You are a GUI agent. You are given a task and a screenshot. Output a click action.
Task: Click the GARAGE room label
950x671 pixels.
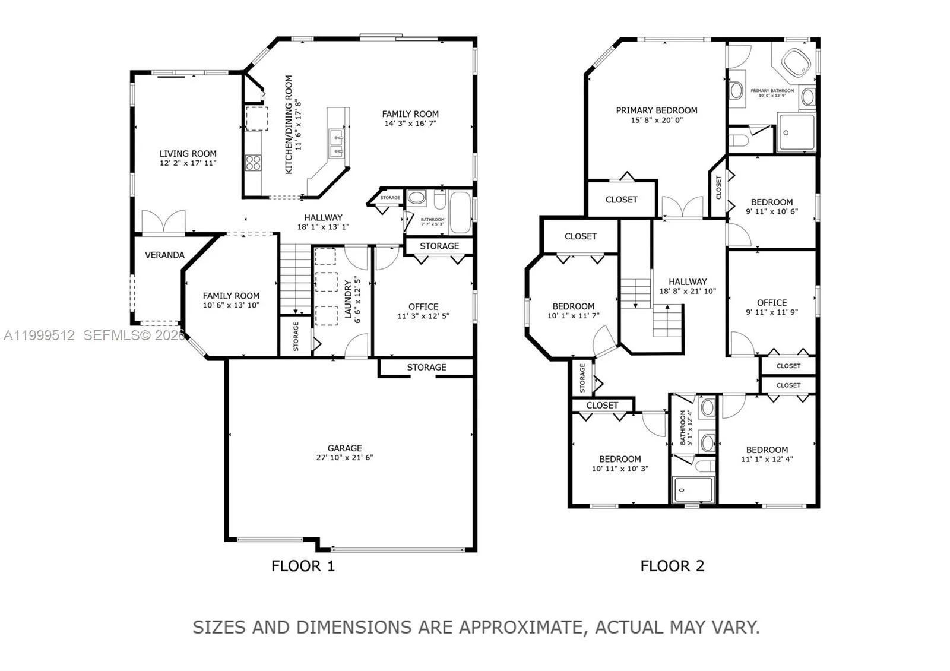coord(344,448)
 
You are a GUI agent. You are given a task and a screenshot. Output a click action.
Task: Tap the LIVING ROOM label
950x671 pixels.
coord(188,154)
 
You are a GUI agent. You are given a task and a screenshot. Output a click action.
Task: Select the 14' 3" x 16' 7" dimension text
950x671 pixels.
coord(410,124)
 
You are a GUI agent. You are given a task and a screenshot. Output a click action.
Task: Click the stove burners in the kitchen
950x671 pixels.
coord(254,163)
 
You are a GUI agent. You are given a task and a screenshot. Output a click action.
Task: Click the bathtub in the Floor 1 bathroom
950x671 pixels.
coord(461,212)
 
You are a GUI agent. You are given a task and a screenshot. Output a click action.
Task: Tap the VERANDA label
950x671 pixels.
coord(164,255)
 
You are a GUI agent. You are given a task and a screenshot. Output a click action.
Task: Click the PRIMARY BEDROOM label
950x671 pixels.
coord(656,110)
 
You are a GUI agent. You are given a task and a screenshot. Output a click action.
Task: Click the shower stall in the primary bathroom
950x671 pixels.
coord(796,133)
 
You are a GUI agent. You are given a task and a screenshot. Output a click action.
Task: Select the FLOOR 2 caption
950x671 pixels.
coord(672,566)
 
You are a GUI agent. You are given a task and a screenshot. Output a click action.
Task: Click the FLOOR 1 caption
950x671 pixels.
coord(303,566)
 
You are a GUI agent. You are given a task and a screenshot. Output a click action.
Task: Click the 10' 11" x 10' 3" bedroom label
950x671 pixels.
coord(620,469)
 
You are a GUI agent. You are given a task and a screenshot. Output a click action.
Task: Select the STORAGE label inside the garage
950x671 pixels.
coord(426,368)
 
